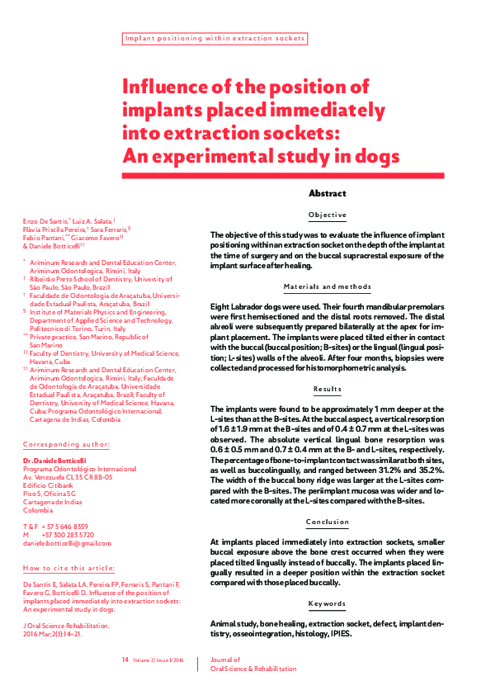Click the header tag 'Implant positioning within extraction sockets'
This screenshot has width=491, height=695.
(215, 38)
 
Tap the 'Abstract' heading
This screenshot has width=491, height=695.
(327, 193)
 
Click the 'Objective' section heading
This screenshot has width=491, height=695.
(327, 215)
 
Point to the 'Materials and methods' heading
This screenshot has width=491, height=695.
(327, 287)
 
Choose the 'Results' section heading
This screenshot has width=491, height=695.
(327, 389)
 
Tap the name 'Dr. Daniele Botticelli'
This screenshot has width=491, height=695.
(56, 459)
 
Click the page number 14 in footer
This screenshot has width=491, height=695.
(125, 660)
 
